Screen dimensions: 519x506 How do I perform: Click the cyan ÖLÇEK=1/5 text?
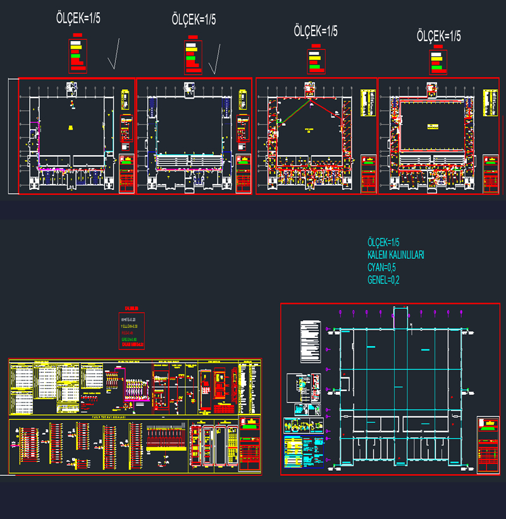coord(383,242)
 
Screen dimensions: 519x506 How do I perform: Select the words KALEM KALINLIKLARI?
coord(395,254)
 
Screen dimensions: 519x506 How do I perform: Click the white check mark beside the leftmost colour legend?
coord(114,55)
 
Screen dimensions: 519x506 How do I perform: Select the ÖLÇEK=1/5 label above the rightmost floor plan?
coord(438,36)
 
